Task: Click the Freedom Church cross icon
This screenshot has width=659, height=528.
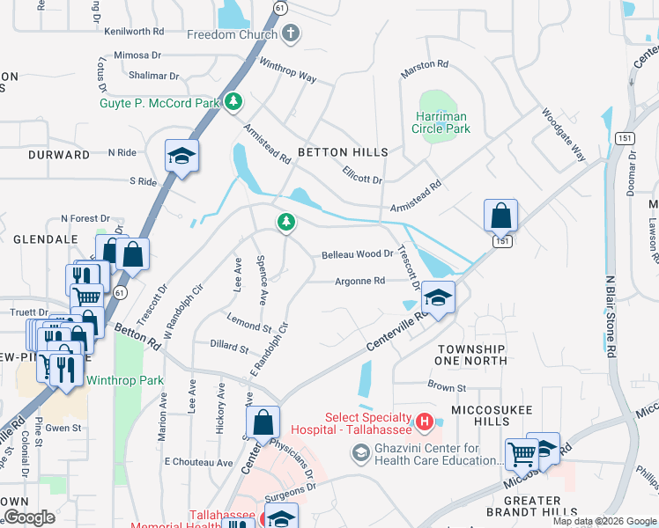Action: (291, 34)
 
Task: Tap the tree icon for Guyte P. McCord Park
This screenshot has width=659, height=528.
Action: (233, 103)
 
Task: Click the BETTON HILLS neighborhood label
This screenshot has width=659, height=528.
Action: (343, 152)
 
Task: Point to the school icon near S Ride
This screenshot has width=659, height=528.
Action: (181, 157)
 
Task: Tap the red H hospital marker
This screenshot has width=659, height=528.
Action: (425, 423)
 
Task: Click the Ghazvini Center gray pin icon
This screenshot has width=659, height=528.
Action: (360, 453)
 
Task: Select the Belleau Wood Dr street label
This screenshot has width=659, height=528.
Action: (357, 253)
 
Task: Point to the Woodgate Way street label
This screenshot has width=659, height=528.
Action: (564, 135)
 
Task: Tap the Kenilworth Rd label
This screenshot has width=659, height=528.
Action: (134, 31)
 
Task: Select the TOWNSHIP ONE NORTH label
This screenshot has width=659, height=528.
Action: (472, 355)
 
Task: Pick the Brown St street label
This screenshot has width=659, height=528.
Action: (447, 387)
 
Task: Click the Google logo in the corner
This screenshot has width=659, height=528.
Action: (30, 517)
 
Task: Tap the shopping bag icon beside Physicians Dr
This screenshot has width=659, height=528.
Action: (263, 422)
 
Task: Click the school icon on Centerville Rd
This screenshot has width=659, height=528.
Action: (438, 298)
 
